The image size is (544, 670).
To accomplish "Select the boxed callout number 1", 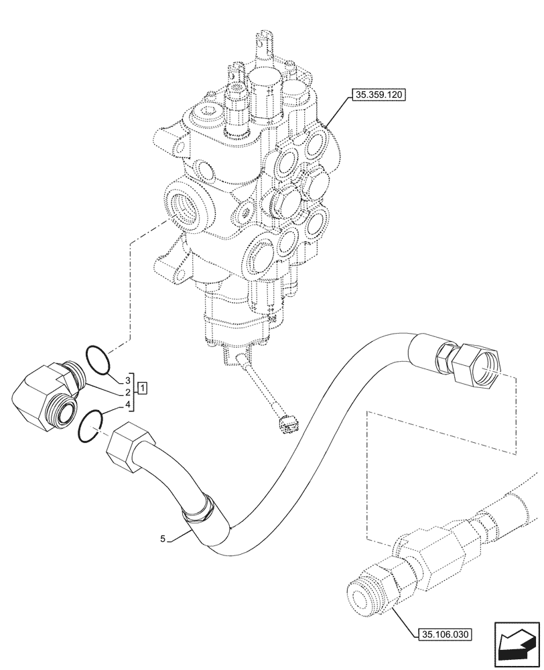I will pos(143,388).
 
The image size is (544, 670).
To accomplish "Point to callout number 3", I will pos(126,379).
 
